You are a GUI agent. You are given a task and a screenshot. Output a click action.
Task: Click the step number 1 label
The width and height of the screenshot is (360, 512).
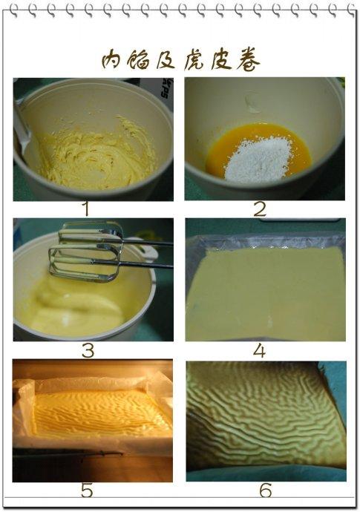coord(86,209)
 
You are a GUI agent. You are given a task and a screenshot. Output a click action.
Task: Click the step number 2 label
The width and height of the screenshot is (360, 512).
coord(260,209)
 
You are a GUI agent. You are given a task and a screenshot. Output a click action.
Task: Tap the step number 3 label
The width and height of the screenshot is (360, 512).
coord(88,351)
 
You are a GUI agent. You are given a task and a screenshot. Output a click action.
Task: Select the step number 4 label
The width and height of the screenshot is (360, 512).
coord(259,351)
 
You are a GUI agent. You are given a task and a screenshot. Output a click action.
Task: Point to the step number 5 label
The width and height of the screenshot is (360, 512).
coord(87,490)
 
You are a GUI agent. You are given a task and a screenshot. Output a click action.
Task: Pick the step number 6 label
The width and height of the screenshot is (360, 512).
coord(265,490)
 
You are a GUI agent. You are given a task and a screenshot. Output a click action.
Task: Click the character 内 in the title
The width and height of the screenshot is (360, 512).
coord(112,59)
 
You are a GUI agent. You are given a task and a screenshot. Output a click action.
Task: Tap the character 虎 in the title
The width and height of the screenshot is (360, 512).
coord(195,61)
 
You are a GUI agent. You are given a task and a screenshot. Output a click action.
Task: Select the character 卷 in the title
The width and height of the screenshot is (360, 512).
coord(248,61)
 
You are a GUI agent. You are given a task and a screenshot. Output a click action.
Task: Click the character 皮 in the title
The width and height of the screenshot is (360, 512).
coord(221,60)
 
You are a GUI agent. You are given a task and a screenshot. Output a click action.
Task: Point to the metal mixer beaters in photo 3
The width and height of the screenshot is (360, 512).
coord(87,252)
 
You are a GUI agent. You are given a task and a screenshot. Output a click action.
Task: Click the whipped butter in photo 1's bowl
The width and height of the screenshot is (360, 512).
coord(98,154)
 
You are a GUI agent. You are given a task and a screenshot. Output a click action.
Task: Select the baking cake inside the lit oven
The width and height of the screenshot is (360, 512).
coord(101,414)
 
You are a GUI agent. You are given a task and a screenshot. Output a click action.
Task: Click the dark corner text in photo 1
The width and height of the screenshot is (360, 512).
coord(167,88)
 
